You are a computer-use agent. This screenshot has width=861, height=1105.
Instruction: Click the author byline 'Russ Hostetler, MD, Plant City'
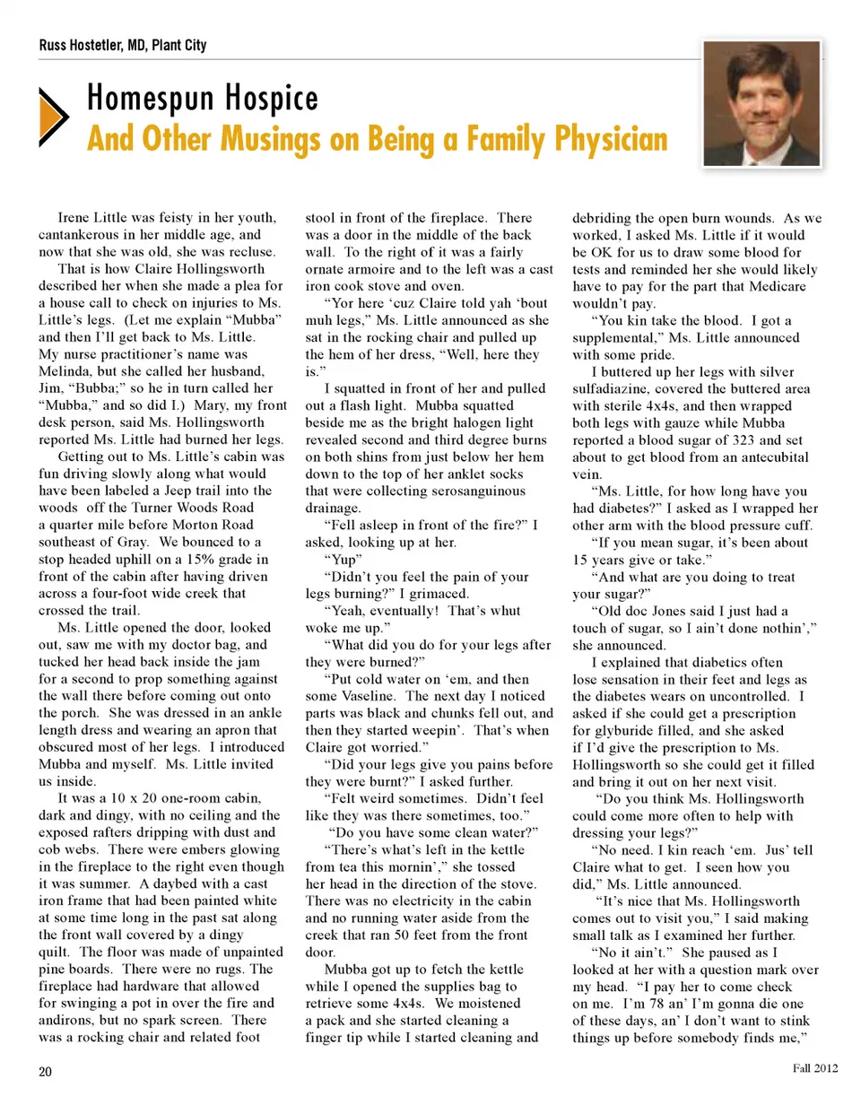123,45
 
